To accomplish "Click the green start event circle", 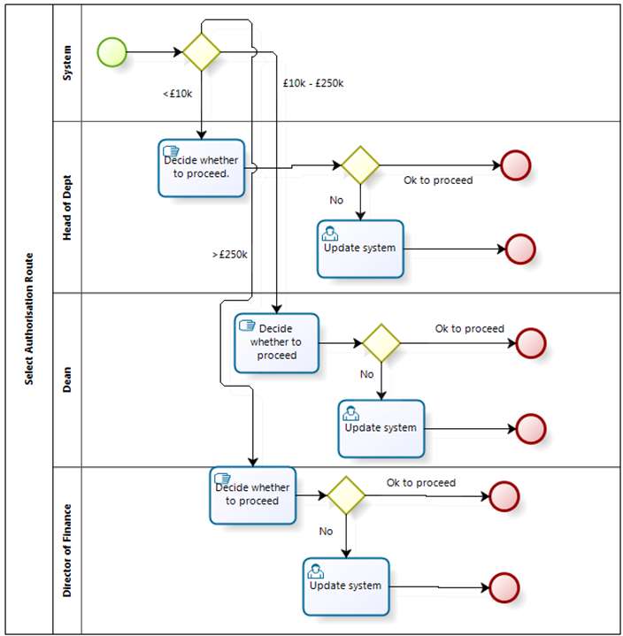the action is tap(112, 52).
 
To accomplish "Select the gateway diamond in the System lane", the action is tap(202, 52).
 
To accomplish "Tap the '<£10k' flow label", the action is tap(177, 94).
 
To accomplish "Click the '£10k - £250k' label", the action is tap(313, 83).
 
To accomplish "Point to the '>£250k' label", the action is tap(229, 255).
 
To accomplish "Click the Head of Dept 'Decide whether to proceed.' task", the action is tap(202, 168).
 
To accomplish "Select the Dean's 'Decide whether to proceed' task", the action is tap(276, 343).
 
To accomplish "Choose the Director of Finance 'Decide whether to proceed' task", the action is tap(253, 495).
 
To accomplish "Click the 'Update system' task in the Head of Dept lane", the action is tap(360, 249).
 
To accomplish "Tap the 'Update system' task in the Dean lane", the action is tap(381, 429).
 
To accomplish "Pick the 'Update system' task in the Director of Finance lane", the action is tap(346, 586).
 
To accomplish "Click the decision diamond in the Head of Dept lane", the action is tap(360, 165).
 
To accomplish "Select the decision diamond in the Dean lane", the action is tap(381, 343).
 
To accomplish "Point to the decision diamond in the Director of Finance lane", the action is tap(346, 495).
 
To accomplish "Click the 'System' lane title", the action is tap(67, 63).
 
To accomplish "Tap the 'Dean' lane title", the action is tap(67, 379).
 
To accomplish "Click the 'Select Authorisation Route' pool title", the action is tap(29, 318).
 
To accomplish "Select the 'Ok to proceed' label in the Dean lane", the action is tap(470, 328).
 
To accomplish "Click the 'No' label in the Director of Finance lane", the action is tap(326, 532).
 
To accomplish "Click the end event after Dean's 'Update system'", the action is tap(531, 429).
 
